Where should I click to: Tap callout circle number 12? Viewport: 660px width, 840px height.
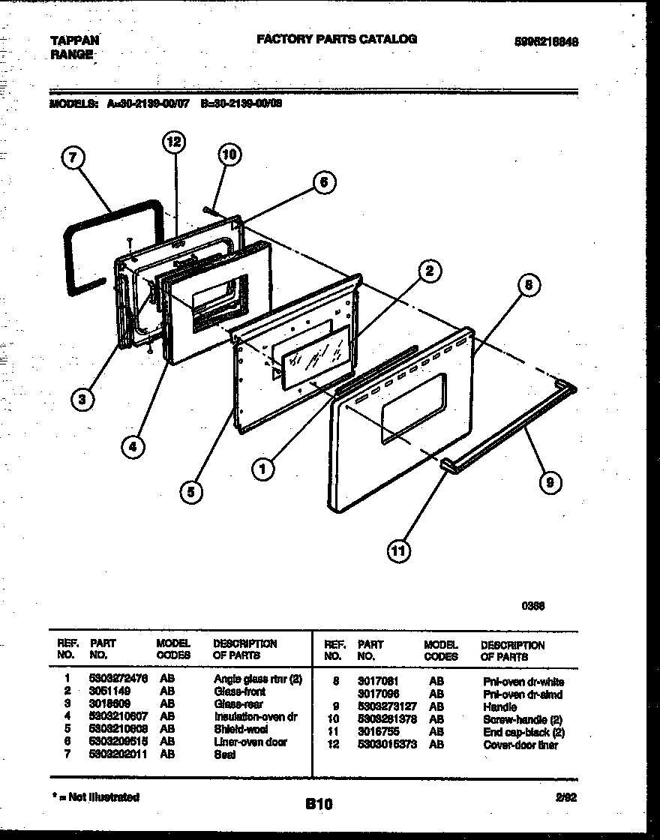[174, 142]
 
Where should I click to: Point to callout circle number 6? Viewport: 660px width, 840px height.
[323, 182]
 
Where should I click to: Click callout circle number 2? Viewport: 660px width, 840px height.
[429, 271]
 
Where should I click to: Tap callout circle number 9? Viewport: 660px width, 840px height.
[550, 483]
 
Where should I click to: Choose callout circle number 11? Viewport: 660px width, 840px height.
[399, 552]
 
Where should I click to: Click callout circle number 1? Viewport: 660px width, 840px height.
[262, 470]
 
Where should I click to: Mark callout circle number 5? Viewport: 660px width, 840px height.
[191, 493]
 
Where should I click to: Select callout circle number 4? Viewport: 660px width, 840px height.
[133, 447]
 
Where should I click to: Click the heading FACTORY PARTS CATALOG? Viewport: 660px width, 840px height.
[337, 39]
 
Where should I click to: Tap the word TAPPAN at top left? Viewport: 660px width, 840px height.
[74, 40]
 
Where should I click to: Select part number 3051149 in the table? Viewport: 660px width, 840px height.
[110, 691]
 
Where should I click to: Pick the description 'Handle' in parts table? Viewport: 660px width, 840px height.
[499, 706]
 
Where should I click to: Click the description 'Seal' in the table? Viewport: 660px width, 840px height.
[224, 754]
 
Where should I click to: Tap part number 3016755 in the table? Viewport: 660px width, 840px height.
[377, 732]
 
